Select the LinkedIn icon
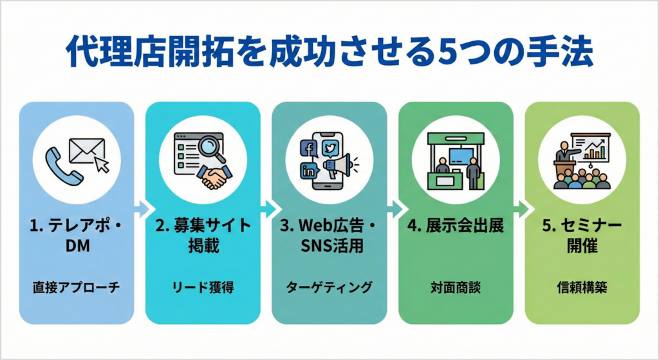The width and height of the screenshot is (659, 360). point(309,171)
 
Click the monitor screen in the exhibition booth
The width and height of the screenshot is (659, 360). point(462,156)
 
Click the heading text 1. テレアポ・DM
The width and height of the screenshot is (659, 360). point(76,236)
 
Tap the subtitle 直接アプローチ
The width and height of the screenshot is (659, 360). point(76,288)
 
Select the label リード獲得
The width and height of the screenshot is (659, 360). point(203,288)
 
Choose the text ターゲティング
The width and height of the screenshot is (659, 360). point(329,288)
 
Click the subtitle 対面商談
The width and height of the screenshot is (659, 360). point(456,288)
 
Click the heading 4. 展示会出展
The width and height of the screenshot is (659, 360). point(456,227)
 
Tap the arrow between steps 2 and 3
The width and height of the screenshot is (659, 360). point(266,209)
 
